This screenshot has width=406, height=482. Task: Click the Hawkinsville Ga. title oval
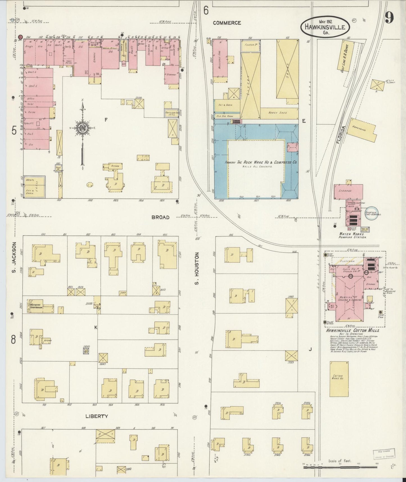click(325, 27)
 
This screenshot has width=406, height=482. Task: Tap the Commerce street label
click(227, 23)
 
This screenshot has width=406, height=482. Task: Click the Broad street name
click(160, 217)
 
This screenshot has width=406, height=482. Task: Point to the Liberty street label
click(96, 416)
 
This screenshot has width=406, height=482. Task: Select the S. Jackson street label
click(14, 256)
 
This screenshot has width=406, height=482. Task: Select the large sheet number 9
click(389, 18)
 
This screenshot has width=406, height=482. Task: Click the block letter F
click(106, 120)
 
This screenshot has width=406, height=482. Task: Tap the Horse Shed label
click(280, 112)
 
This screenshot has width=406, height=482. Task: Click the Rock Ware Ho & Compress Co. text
click(261, 162)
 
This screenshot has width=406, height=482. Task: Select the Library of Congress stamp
click(384, 454)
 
